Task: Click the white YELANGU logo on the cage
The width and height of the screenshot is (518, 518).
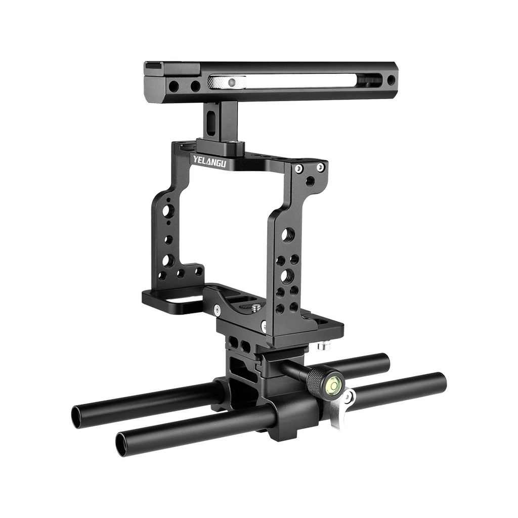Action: [x=209, y=162]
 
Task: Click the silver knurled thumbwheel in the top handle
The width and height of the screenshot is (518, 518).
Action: [x=227, y=82]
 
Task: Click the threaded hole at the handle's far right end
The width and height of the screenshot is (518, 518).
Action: [x=391, y=80]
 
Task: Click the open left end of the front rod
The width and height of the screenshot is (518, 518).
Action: [x=122, y=444]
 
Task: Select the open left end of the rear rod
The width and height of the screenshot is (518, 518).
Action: [x=77, y=416]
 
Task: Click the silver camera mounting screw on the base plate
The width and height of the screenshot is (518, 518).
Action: [x=256, y=307]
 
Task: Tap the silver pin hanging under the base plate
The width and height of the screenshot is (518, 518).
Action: [x=321, y=347]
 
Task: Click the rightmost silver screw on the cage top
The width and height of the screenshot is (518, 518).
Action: [x=320, y=167]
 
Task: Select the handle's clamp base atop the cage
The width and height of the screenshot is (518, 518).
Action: [x=220, y=147]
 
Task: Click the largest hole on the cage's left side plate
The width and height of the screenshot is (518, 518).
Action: [x=168, y=210]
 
